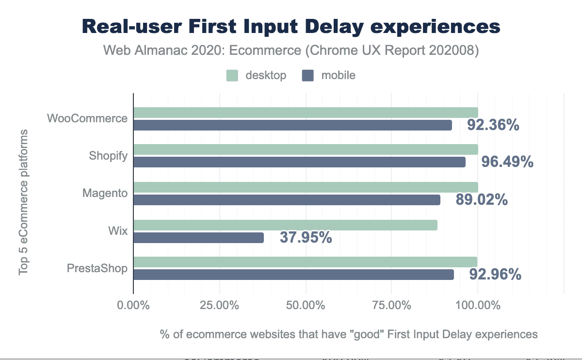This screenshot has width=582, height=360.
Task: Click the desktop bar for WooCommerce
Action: point(306,113)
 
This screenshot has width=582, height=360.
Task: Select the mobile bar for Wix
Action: point(198,238)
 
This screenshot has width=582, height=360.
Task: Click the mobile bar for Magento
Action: point(287,200)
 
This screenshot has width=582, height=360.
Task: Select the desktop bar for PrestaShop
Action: point(305,262)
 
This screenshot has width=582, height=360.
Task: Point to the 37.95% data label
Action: point(306,238)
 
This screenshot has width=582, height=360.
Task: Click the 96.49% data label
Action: point(507,162)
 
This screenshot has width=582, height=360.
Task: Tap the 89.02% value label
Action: point(482,199)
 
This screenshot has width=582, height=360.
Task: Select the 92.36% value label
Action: point(493,125)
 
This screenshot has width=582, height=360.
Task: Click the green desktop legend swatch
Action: point(232,76)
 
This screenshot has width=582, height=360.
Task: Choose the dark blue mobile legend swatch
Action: point(308,76)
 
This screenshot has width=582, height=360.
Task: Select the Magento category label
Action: point(105,193)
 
